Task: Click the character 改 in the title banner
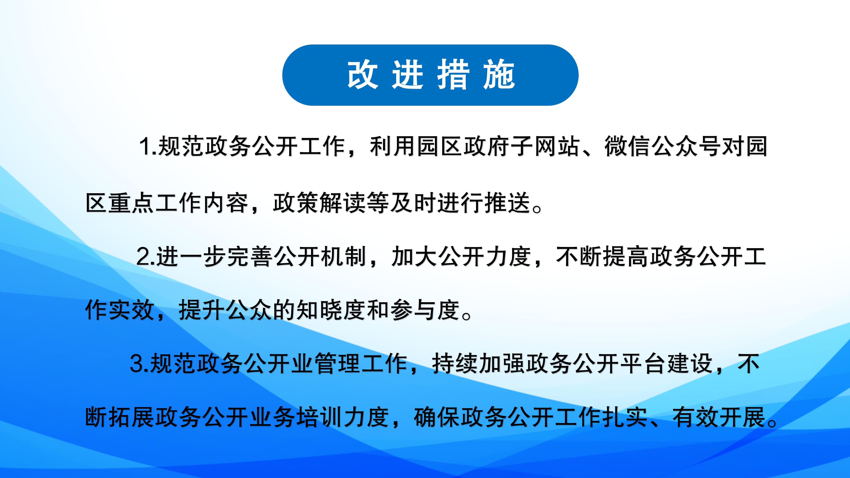tap(362, 75)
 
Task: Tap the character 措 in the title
tap(453, 75)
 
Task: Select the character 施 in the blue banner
tap(499, 75)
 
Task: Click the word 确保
tap(437, 417)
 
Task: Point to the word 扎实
tap(624, 417)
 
